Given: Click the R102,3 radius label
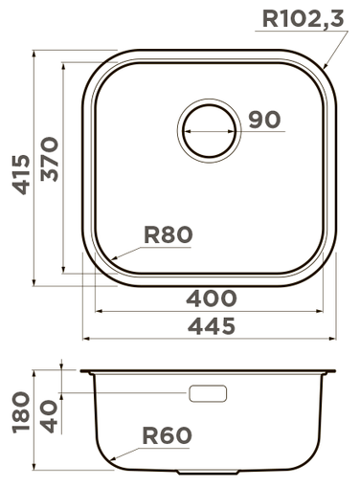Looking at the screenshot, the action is tap(303, 19).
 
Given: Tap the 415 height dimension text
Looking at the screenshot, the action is tap(21, 174).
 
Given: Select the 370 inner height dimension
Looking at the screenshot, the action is tap(50, 159).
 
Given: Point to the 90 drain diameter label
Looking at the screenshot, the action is tap(264, 120).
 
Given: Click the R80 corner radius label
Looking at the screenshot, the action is tap(169, 234).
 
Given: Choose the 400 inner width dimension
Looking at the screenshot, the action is tap(211, 299).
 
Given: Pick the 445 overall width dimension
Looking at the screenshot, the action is tap(211, 325).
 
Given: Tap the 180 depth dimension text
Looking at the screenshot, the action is tap(21, 412).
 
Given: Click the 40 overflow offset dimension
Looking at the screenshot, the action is tap(49, 417).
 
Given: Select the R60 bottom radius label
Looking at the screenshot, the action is tap(167, 435).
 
